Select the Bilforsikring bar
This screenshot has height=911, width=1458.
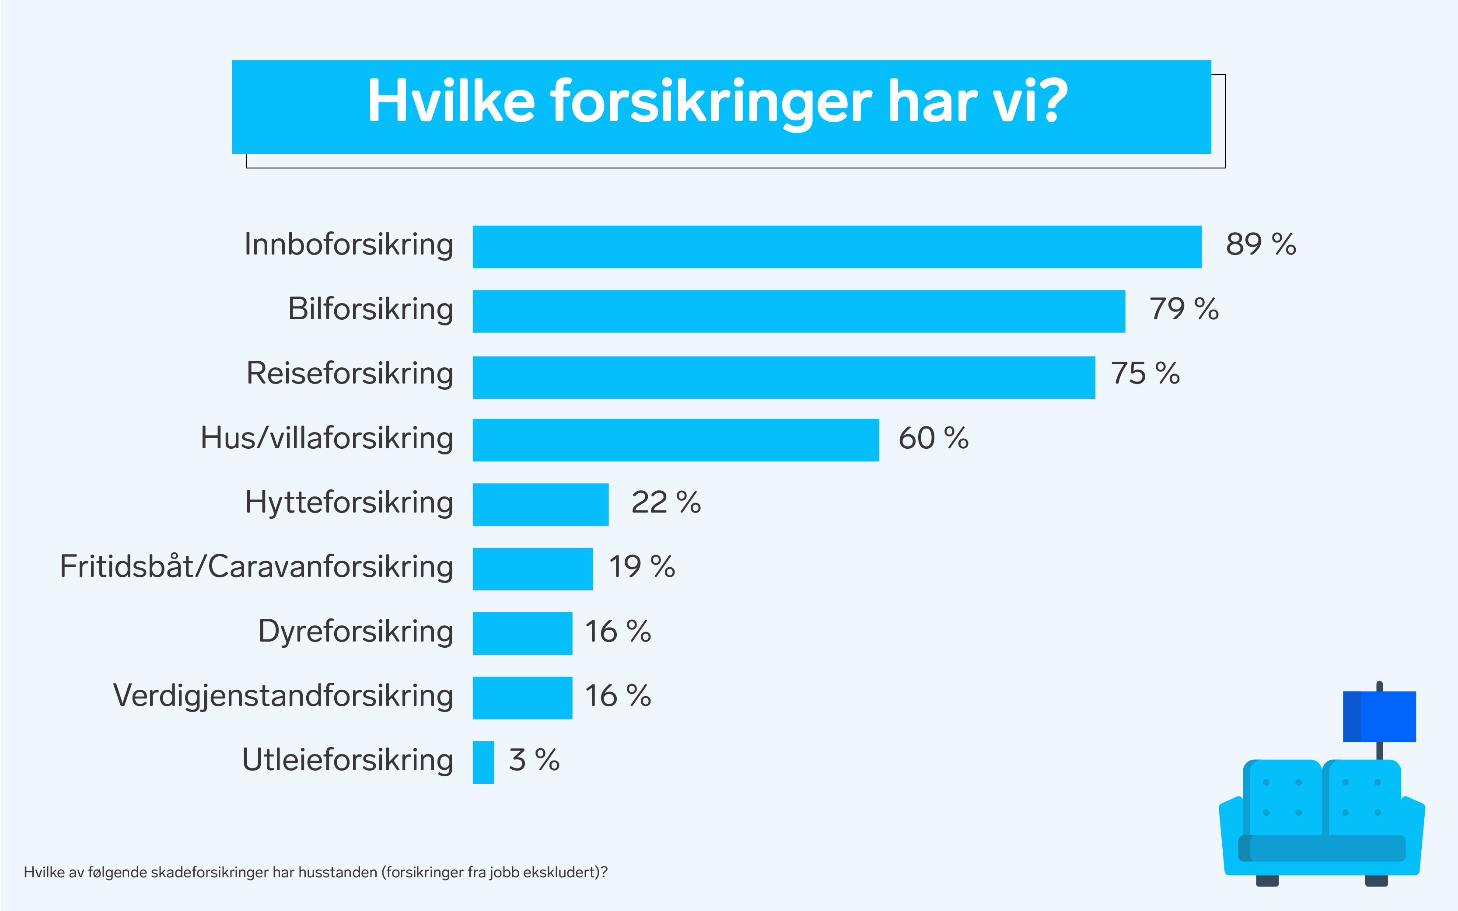[x=798, y=311]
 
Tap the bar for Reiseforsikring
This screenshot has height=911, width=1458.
[x=783, y=377]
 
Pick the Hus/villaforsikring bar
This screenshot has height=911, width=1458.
[x=675, y=440]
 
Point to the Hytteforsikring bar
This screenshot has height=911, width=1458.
[x=540, y=504]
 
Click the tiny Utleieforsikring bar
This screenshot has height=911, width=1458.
[x=483, y=762]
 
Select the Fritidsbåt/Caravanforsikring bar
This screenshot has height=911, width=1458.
[x=533, y=569]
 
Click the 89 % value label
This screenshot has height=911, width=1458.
[x=1260, y=244]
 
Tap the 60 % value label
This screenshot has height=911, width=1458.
[x=933, y=438]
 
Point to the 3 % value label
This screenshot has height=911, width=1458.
[x=534, y=760]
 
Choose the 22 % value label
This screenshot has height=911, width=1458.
[x=666, y=503]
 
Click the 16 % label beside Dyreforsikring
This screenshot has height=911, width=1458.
[x=618, y=632]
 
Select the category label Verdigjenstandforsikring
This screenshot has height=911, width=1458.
[x=283, y=696]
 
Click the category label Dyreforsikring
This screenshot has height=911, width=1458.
[x=356, y=632]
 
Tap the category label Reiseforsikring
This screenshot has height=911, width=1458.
[x=350, y=373]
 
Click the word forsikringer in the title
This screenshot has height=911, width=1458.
[x=711, y=102]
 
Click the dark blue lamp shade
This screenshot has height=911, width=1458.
[x=1379, y=716]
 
